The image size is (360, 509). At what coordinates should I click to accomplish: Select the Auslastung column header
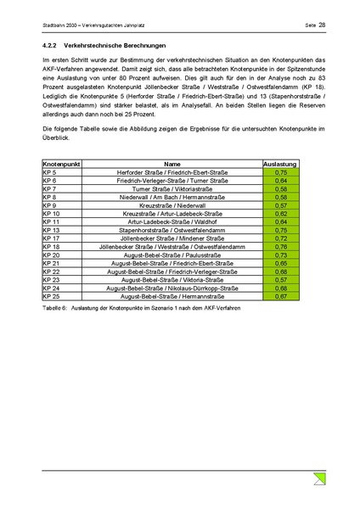280,164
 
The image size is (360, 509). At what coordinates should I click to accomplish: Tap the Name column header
172,164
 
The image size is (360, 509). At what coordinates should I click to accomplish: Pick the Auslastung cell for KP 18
280,247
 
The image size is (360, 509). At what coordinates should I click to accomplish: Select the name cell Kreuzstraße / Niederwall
172,205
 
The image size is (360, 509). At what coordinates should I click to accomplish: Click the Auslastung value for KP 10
280,214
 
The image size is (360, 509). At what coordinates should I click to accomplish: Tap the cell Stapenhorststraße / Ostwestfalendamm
172,230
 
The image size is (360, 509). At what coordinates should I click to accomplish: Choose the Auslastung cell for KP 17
280,238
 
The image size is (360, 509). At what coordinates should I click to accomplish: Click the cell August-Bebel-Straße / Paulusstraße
172,255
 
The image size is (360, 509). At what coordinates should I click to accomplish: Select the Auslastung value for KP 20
280,255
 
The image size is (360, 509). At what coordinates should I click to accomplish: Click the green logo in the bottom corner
317,481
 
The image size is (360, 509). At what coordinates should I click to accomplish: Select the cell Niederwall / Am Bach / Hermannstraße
172,197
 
